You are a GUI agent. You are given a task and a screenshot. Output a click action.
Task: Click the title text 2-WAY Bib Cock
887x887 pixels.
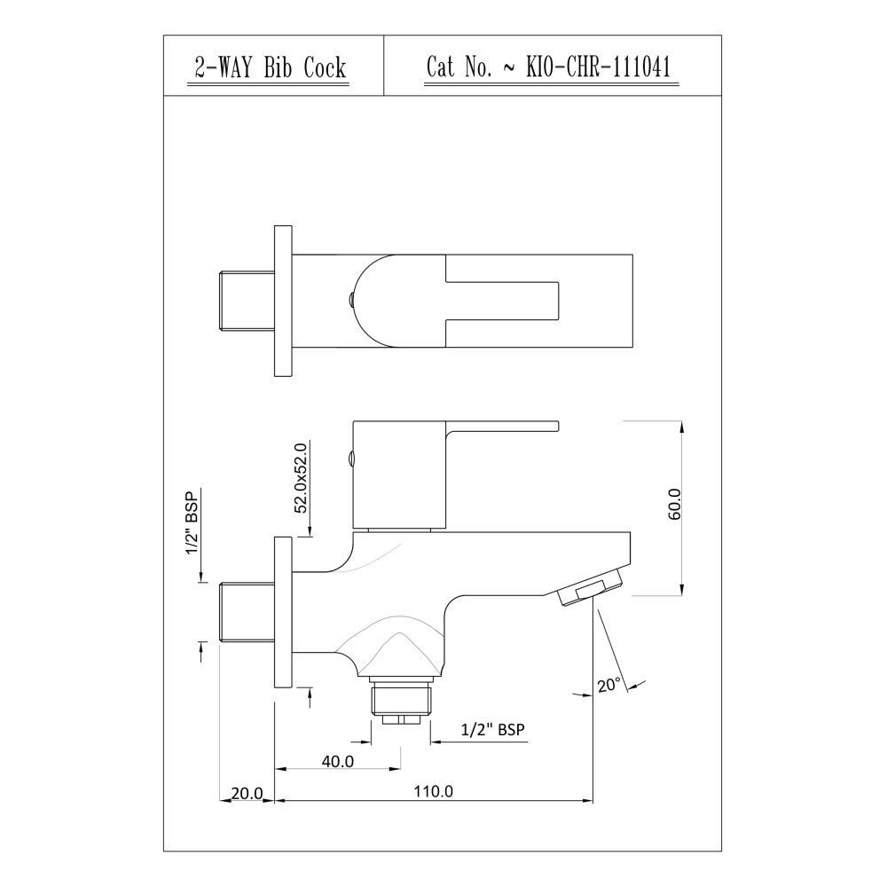270,68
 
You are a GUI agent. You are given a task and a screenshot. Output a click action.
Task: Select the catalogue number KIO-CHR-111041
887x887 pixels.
599,67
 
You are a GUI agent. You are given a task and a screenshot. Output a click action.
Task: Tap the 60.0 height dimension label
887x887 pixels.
675,504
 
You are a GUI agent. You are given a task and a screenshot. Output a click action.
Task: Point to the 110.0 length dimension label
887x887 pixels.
434,791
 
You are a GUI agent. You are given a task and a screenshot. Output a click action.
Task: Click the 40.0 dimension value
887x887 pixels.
338,761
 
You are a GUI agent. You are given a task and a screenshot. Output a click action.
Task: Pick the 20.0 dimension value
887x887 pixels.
247,794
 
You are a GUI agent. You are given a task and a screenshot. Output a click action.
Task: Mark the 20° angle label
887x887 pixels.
609,685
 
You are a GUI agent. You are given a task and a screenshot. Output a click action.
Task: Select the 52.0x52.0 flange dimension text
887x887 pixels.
301,477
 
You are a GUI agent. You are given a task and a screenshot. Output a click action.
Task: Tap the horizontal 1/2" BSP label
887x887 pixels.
492,729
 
